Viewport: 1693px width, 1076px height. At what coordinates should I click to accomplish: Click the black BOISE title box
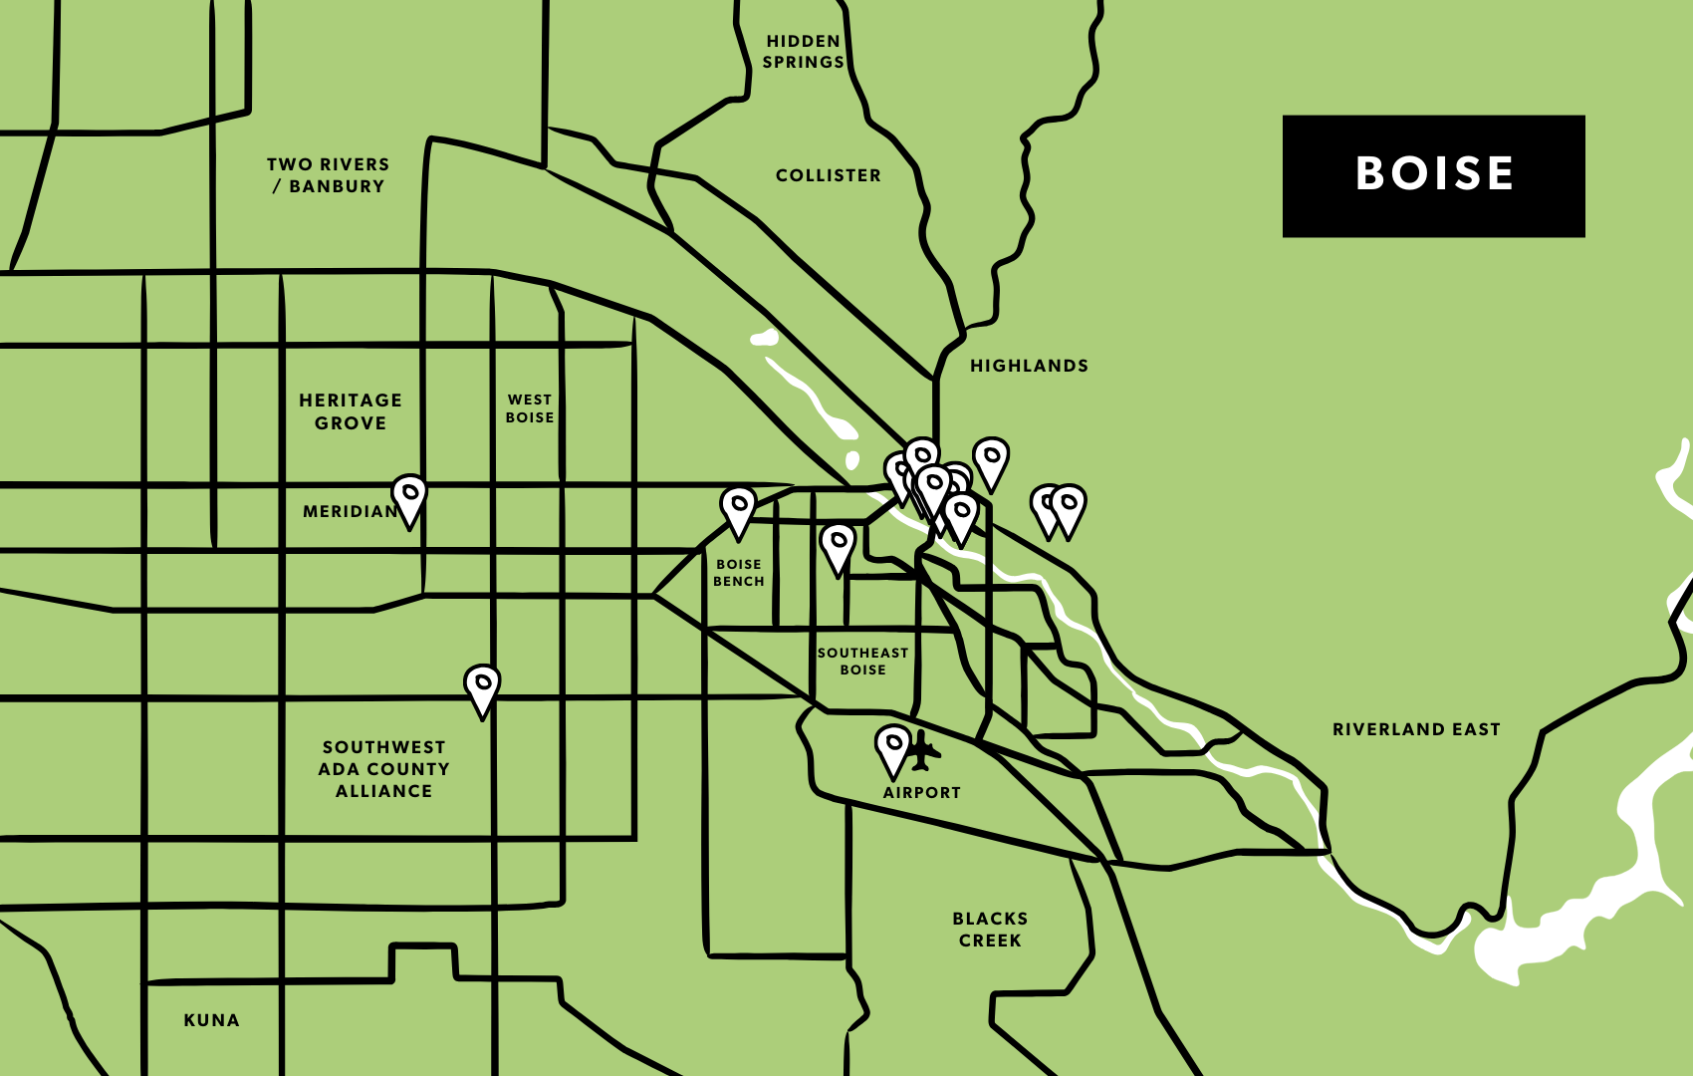1433,176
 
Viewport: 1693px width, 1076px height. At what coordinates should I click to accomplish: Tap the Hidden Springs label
804,52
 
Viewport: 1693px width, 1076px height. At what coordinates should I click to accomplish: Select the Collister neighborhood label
828,175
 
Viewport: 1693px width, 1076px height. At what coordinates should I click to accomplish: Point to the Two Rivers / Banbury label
328,175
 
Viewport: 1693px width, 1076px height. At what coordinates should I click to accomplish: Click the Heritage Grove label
351,411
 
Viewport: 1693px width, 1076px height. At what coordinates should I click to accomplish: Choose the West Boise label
529,408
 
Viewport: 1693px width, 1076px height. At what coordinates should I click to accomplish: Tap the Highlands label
1029,366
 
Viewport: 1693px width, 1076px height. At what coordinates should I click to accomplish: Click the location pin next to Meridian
409,497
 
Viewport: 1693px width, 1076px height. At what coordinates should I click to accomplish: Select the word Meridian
350,511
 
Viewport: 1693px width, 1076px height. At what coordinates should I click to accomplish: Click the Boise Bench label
738,573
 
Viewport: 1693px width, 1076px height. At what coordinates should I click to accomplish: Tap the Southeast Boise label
862,662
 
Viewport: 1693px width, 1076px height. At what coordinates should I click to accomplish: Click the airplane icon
923,750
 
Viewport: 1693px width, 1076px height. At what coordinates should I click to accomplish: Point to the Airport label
921,793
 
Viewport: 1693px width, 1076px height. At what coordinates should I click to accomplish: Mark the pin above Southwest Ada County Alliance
482,687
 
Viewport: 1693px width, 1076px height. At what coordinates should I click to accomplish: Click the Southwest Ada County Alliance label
383,769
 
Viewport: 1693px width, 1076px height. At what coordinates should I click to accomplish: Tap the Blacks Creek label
989,930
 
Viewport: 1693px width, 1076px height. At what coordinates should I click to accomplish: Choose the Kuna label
211,1020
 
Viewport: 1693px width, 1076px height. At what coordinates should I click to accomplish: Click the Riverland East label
1415,729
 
